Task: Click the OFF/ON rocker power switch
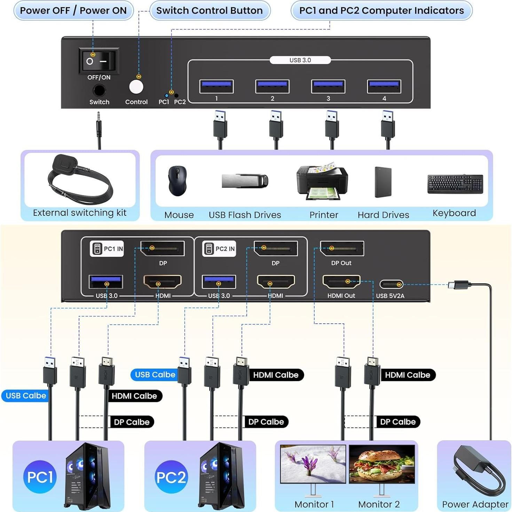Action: [99, 61]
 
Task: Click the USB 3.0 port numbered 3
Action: [328, 86]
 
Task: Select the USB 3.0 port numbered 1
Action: [216, 86]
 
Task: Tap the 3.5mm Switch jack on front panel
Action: [99, 91]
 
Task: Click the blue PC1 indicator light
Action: [166, 95]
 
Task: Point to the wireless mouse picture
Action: [178, 180]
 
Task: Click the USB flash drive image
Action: [245, 181]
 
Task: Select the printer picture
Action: [322, 181]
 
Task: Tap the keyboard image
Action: [455, 184]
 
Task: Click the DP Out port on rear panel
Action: [342, 249]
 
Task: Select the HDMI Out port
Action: [341, 282]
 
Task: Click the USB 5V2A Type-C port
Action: [391, 284]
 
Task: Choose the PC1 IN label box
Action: [107, 249]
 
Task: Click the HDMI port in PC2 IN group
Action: [276, 282]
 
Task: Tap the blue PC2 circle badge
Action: [171, 477]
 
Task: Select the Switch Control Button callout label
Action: [210, 10]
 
